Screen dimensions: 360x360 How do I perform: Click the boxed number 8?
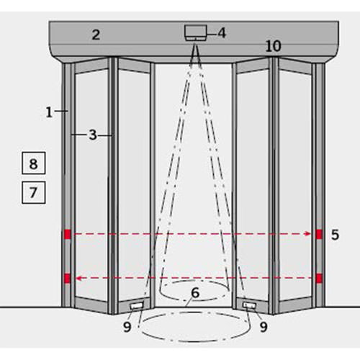coord(34,163)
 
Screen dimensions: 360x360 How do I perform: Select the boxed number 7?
coord(34,192)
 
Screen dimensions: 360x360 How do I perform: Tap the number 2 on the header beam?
coord(96,35)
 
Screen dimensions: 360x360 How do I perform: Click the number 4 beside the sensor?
coord(222,33)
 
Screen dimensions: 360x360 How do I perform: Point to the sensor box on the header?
coord(196,32)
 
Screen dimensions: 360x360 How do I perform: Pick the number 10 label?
coord(274,46)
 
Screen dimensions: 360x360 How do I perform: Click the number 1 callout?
coord(49,112)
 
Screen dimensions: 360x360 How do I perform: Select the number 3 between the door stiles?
coord(93,135)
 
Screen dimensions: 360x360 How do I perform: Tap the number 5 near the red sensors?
coord(335,235)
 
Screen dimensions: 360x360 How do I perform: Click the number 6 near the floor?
coord(195,293)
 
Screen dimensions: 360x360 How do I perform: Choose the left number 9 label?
coord(127,327)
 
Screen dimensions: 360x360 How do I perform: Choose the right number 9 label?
coord(264,327)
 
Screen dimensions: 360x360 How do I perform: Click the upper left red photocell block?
coord(68,234)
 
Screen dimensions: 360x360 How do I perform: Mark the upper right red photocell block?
coord(319,234)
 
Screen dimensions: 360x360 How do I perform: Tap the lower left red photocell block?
coord(68,279)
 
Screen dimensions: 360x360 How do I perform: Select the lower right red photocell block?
coord(319,279)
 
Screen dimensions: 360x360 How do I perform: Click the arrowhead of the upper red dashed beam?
coord(308,234)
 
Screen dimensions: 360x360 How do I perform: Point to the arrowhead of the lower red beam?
coord(79,279)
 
